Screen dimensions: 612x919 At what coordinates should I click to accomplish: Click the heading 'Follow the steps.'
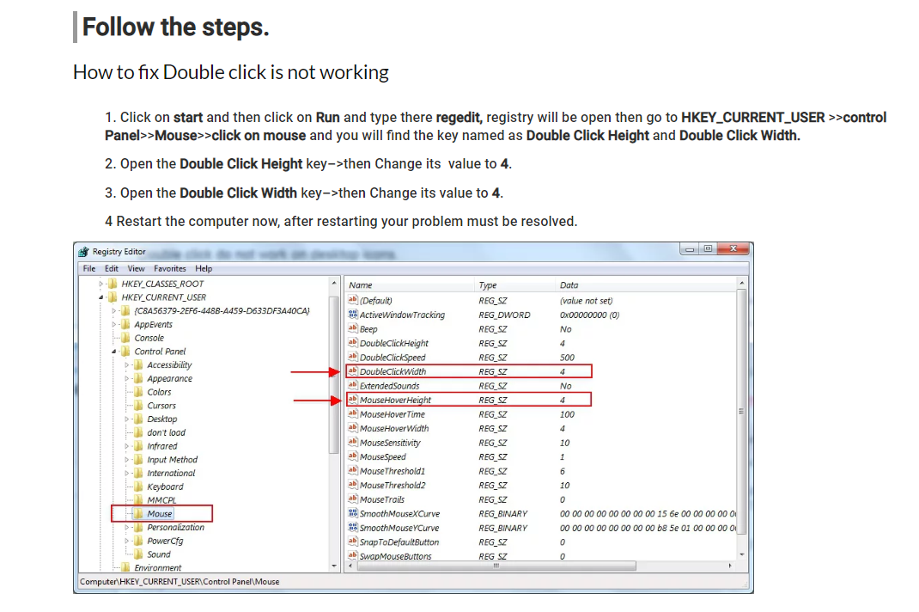pos(175,28)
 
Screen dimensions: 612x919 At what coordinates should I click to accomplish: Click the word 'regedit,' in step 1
pos(459,118)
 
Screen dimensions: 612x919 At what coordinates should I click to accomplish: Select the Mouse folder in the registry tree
pos(160,514)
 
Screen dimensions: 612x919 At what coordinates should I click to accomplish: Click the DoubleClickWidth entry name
pos(393,371)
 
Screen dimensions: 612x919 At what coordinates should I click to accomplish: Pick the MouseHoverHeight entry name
pos(395,400)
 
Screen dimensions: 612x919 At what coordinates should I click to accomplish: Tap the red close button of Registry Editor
pos(733,249)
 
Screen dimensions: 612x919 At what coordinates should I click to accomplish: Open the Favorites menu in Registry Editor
pos(170,268)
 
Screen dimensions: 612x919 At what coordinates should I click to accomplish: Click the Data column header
pos(569,285)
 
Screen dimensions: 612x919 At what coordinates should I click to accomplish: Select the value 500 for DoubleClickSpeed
pos(567,358)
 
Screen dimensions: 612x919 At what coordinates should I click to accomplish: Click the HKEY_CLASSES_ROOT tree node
pos(162,284)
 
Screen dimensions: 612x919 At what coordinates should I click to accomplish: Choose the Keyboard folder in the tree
pos(165,487)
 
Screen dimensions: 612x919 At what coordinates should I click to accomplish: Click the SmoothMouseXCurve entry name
pos(399,514)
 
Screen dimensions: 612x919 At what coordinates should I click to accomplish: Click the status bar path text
pos(180,582)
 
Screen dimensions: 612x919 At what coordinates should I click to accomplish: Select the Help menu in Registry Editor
pos(204,268)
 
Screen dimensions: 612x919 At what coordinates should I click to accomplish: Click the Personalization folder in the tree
pos(175,528)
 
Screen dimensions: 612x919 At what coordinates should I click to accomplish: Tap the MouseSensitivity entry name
pos(390,443)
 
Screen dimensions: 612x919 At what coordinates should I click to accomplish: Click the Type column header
pos(488,285)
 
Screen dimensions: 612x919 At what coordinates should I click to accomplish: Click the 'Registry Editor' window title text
pos(119,252)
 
